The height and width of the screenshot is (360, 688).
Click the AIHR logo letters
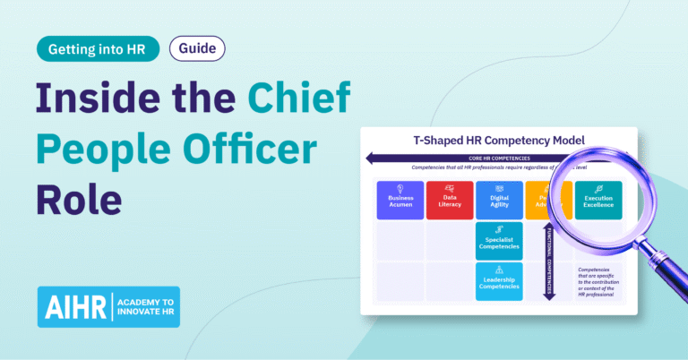[x=74, y=307]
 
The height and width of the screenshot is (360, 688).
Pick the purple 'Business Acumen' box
[x=400, y=201]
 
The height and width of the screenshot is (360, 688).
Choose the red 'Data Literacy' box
[x=450, y=201]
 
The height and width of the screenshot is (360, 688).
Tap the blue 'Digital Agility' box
[x=499, y=201]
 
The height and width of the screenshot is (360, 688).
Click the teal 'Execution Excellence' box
[x=598, y=200]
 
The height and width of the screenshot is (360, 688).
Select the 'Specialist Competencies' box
[x=499, y=242]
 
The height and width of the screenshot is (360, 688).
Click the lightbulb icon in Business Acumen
[x=400, y=190]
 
